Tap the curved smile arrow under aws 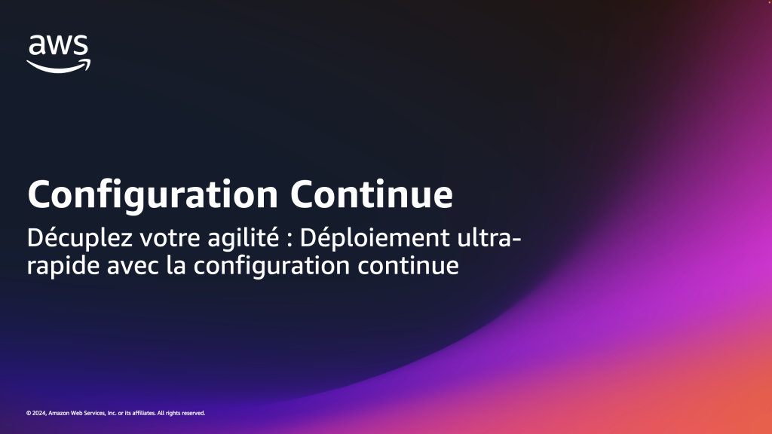59,66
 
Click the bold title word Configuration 152,195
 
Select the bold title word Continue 371,194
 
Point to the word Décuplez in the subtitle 80,238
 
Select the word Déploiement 375,238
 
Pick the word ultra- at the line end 489,237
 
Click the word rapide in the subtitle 63,266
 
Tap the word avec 133,266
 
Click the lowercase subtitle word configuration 271,266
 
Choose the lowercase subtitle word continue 408,266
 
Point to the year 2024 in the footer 39,414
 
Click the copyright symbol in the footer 29,414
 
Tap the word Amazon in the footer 59,414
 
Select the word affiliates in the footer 144,414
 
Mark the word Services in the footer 94,414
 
